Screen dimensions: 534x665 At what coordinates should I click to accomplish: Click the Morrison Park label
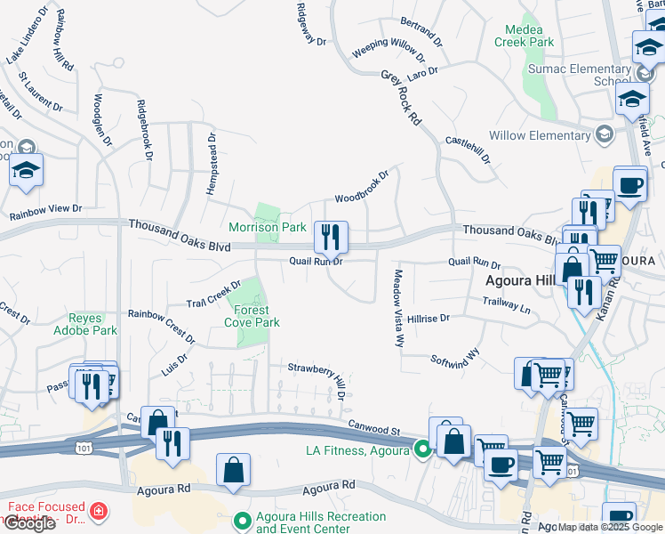tap(268, 227)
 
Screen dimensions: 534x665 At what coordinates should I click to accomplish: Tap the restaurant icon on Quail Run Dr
tap(331, 238)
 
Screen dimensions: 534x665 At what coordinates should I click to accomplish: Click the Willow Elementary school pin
tap(605, 134)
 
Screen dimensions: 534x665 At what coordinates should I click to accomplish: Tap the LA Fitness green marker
tap(422, 450)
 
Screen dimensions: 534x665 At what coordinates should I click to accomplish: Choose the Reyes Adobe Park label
tap(93, 324)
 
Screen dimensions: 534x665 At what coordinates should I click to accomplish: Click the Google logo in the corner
tap(29, 523)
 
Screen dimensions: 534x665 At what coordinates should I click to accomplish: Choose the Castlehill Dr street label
tap(467, 149)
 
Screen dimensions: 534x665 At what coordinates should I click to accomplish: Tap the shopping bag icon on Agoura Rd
tap(233, 470)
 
